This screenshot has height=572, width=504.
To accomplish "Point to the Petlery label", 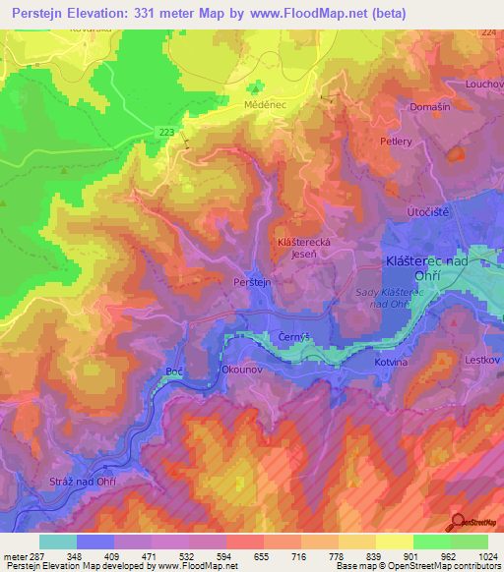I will click(x=396, y=142).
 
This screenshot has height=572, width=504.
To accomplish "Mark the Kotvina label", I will click(x=392, y=363).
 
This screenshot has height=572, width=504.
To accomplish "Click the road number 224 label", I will click(x=489, y=33).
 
